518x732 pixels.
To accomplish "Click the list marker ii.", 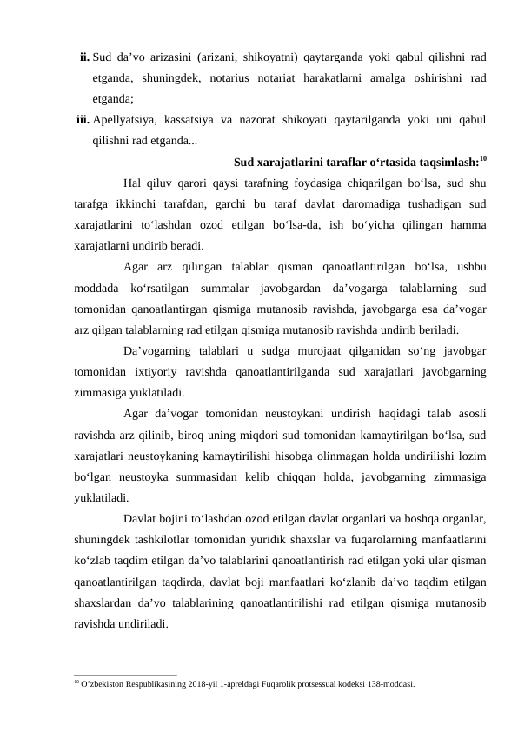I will point(83,57).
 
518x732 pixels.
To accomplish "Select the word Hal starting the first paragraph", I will point(133,183).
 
